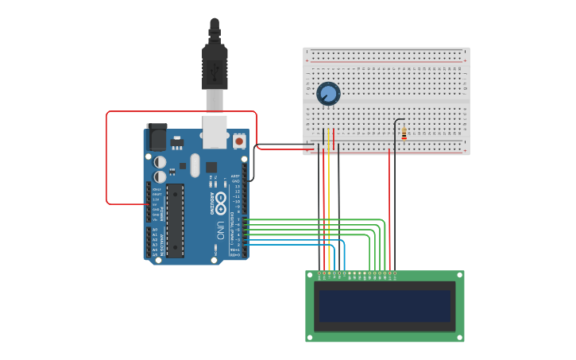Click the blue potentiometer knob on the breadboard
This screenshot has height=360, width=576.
coord(328,94)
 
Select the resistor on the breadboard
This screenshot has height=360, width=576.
coord(404,134)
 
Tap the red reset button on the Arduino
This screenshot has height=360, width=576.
coord(239,141)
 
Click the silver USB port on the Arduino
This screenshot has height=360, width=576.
coord(215,131)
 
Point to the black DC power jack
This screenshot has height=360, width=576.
coord(157,137)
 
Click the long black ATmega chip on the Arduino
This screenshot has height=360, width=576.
coord(175,220)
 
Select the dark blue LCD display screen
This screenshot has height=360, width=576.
coord(385,306)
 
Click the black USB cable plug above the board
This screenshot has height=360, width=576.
coord(215,68)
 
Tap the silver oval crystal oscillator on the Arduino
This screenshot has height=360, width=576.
coord(195,165)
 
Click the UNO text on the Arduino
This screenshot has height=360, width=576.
coord(220,230)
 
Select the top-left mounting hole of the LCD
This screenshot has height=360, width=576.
coord(310,275)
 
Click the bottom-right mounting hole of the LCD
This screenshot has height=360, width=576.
coord(460,338)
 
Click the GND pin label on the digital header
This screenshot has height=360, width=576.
coord(236,181)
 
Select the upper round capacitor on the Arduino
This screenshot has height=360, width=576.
coord(160,162)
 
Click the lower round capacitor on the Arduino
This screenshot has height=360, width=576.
coord(160,176)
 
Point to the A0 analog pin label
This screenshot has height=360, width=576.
coord(154,230)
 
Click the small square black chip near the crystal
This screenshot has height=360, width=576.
coord(211,167)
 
